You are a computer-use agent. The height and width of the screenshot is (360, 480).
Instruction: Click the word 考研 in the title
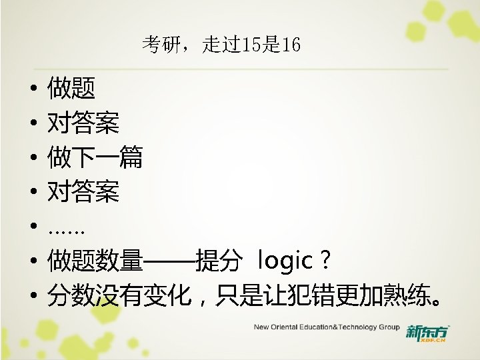pos(158,45)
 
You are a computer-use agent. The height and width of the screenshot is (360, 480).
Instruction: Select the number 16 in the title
pos(291,45)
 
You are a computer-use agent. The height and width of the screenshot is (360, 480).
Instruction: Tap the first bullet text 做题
pos(71,87)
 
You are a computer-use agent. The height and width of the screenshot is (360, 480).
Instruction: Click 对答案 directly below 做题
pos(83,123)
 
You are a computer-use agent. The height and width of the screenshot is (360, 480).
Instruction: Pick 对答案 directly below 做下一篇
pos(83,193)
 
